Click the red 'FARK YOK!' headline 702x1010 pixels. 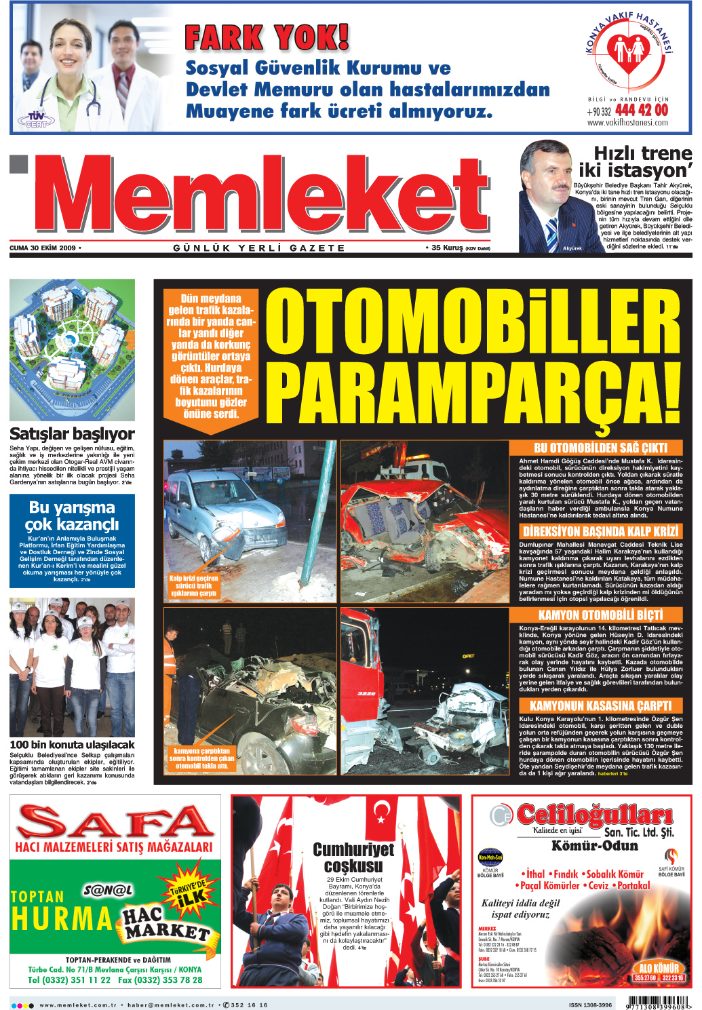tap(267, 38)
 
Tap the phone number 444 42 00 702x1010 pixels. tap(641, 110)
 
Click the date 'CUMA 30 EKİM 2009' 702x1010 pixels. tap(43, 248)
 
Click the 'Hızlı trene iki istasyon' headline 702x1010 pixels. tap(635, 161)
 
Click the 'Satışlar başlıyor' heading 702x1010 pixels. tap(72, 434)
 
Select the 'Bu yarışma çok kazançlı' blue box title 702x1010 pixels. tap(72, 516)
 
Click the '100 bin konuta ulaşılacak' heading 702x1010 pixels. tap(72, 745)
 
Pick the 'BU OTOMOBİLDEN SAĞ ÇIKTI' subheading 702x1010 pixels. tap(600, 448)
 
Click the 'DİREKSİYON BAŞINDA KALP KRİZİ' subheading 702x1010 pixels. tap(600, 531)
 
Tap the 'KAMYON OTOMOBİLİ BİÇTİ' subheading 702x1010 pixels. tap(600, 615)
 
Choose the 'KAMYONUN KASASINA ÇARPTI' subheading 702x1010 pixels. tap(600, 706)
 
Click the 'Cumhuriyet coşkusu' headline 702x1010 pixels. tap(353, 857)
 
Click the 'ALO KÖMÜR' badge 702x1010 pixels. tap(659, 969)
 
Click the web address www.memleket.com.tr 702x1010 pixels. tap(79, 1005)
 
